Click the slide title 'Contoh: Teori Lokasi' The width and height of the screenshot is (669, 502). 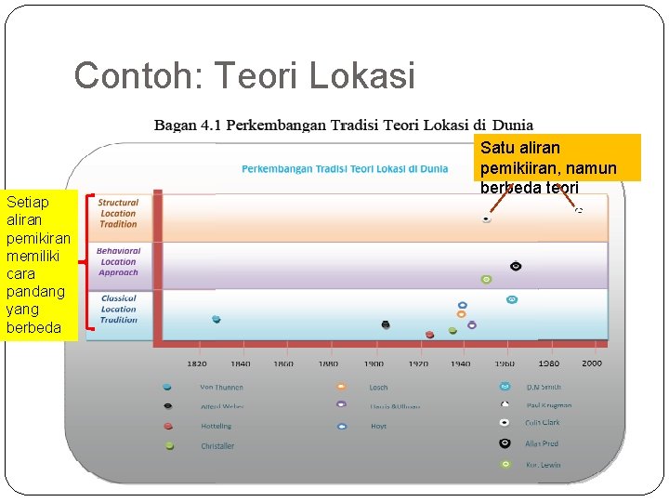pos(244,76)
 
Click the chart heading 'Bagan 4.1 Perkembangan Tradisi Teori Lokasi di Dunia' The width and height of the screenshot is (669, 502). pos(344,125)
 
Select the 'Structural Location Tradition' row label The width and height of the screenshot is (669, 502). pos(118,213)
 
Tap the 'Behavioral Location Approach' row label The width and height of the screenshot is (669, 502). pos(118,261)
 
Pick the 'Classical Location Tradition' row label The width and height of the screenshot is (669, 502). pos(118,309)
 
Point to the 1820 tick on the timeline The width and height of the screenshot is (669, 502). pos(197,363)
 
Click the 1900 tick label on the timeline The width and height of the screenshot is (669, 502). pos(374,363)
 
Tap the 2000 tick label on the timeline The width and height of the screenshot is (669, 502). pos(592,363)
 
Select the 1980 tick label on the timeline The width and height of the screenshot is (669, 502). pos(548,363)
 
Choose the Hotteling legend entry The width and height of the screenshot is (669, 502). pos(216,426)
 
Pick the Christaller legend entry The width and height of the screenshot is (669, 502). pos(217,446)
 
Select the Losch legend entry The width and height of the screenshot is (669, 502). pos(378,387)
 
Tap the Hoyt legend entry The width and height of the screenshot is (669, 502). pos(377,426)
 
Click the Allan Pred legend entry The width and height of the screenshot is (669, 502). pos(542,443)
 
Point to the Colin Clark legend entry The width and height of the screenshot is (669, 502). pos(543,423)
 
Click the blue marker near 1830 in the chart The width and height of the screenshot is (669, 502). pos(216,319)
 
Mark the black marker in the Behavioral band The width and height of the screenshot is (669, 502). pos(516,266)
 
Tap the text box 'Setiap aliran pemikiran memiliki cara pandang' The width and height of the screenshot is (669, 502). pos(36,265)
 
